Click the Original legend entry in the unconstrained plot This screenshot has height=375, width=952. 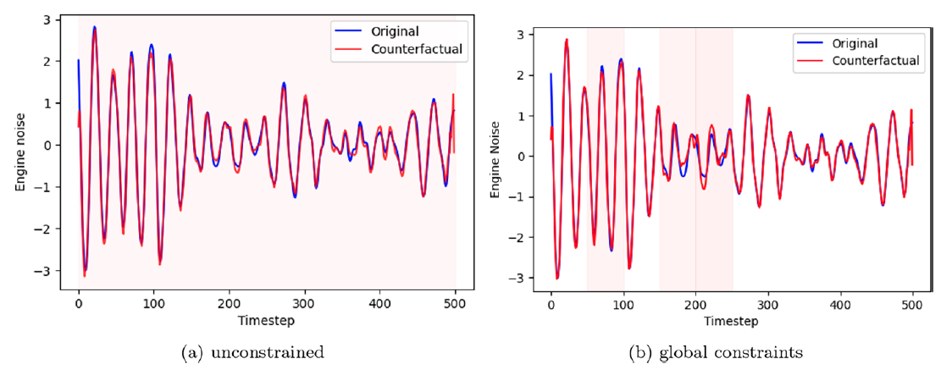point(395,31)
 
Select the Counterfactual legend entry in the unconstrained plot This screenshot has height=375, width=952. point(417,49)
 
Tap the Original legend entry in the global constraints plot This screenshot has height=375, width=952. point(855,44)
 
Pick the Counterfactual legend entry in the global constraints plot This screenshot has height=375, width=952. point(876,61)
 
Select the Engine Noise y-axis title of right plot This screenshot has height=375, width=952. point(496,157)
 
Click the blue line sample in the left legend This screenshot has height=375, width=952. point(349,31)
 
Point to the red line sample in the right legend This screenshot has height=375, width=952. point(810,61)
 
